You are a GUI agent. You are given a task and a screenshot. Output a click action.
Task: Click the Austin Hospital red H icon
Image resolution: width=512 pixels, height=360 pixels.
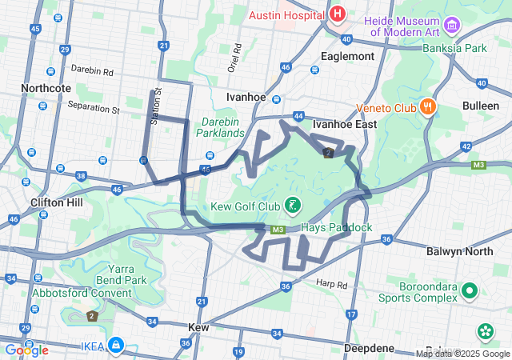338,14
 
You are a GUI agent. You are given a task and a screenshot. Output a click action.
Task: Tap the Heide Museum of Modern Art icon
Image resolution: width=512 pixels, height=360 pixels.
453,26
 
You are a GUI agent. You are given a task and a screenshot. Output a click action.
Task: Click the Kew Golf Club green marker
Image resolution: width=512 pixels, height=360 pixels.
294,206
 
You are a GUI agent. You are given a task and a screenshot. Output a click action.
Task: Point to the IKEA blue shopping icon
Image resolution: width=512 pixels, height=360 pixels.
116,346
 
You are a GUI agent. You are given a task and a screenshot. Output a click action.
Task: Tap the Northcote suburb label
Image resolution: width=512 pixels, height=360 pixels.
46,88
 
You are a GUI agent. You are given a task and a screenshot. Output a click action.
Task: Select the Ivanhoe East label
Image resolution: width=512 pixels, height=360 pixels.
344,125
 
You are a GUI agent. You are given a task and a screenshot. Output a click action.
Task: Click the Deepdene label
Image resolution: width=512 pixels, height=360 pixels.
369,348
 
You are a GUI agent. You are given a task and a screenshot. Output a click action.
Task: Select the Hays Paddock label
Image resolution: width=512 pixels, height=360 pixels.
337,227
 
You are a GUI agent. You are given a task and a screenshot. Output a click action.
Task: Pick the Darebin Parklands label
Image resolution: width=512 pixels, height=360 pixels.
222,126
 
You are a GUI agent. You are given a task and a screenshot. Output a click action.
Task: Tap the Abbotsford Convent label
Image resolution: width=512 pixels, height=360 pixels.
82,293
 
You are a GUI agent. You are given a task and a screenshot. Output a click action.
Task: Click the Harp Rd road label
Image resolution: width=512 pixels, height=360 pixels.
331,284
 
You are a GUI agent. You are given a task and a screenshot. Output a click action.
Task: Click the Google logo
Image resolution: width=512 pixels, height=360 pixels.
26,350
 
